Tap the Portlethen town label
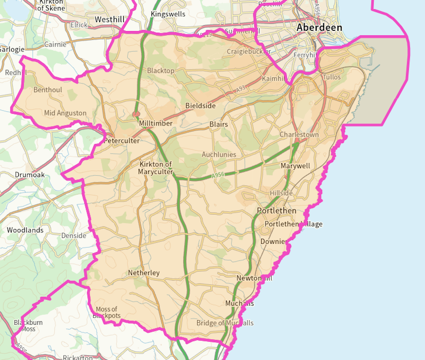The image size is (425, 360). click(276, 211)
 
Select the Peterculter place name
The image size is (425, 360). click(122, 141)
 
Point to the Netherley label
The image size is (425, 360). click(144, 273)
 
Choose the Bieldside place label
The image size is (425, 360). click(200, 106)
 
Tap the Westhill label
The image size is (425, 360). click(110, 19)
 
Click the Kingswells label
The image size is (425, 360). click(168, 14)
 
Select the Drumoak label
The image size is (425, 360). click(29, 175)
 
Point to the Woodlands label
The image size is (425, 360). click(25, 230)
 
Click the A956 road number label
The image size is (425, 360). click(218, 176)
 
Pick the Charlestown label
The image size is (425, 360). click(299, 135)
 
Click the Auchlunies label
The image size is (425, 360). click(219, 154)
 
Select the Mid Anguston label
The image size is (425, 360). click(65, 113)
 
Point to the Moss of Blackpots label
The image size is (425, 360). click(107, 312)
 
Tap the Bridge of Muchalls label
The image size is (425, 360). click(225, 323)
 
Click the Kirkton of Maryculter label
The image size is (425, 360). click(156, 168)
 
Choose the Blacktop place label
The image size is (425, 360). click(161, 71)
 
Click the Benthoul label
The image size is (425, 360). click(48, 90)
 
